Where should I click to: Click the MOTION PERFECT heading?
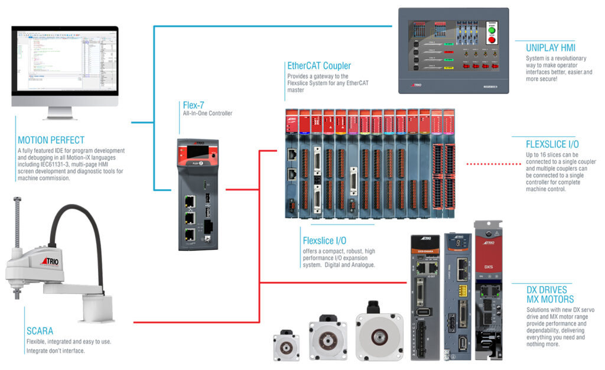point(51,141)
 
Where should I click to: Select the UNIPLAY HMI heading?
point(550,47)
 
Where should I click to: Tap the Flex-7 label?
point(193,105)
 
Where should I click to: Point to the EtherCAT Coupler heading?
point(318,66)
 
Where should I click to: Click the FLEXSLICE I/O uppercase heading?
point(552,144)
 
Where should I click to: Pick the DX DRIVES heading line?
point(547,290)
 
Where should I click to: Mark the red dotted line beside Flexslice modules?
point(487,163)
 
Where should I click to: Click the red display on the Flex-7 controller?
point(196,152)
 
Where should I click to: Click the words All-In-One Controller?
point(208,113)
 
